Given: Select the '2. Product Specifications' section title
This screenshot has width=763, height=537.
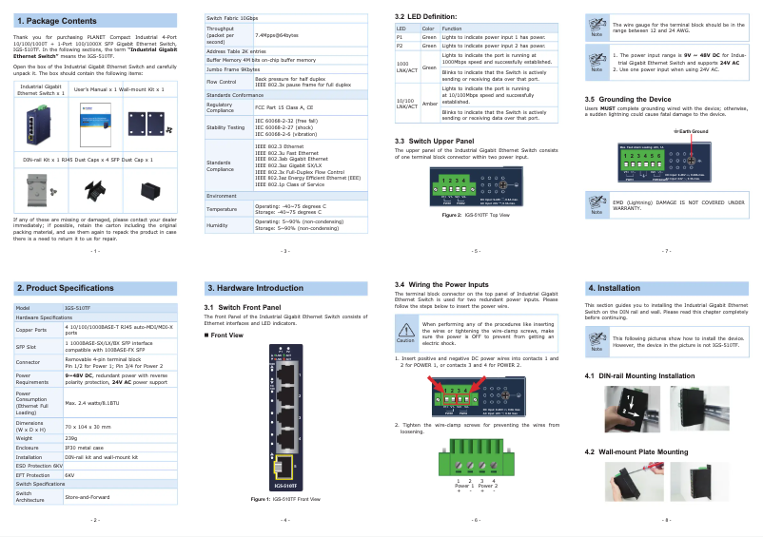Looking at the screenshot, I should coord(66,287).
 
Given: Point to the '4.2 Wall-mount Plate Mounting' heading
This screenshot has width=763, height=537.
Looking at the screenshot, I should coord(636,451).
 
